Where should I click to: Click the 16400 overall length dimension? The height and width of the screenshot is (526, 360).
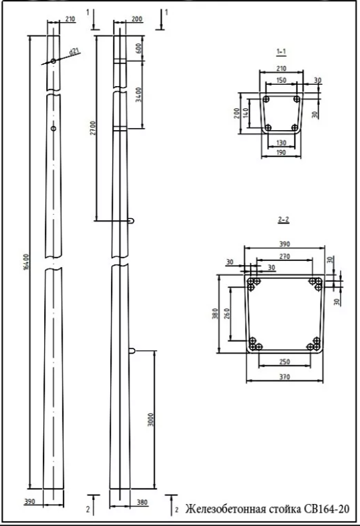click(27, 262)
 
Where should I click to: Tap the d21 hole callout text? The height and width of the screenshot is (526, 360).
click(74, 51)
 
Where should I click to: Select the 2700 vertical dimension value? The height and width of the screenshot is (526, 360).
click(93, 127)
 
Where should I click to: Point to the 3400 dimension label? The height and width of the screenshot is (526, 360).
click(139, 95)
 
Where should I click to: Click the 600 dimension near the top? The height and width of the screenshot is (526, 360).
click(138, 49)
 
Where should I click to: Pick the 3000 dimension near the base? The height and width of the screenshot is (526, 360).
click(151, 419)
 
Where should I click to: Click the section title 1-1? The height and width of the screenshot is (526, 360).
click(281, 51)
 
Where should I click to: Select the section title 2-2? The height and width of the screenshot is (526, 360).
click(283, 220)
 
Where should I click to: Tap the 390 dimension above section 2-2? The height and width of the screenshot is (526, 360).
click(285, 244)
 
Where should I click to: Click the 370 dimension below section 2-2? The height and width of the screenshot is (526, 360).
click(285, 376)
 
